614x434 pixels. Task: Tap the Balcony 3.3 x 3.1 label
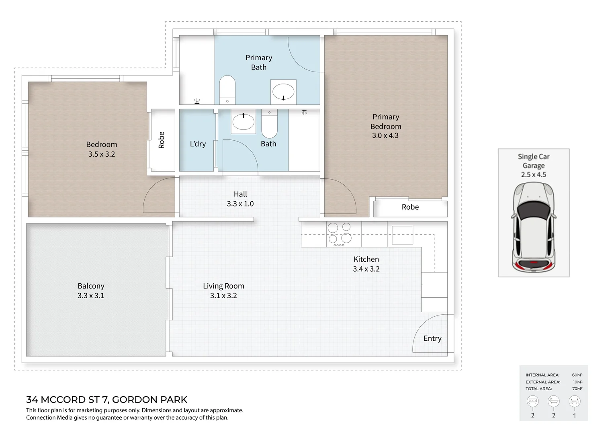[x=91, y=291]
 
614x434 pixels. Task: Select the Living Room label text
[x=223, y=286]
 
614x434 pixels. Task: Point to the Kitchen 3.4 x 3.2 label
[x=366, y=264]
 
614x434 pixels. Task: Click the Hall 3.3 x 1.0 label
[x=240, y=199]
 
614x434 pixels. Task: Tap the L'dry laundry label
[x=198, y=144]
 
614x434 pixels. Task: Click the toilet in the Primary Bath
[x=227, y=90]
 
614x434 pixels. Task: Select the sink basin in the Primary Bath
[x=283, y=92]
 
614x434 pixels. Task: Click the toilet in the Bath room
[x=269, y=124]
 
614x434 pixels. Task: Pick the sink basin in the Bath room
[x=243, y=122]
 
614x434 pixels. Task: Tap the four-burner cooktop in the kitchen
[x=339, y=233]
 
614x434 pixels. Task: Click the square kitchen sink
[x=402, y=235]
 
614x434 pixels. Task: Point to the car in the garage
[x=534, y=227]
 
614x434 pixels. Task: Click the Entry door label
[x=432, y=338]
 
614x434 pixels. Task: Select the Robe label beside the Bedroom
[x=162, y=140]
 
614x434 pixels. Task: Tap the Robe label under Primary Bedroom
[x=410, y=207]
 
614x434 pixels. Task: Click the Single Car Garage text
[x=534, y=161]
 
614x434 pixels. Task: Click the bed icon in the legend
[x=533, y=401]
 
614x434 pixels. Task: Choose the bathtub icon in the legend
[x=554, y=401]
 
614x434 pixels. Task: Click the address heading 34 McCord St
[x=106, y=399]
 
